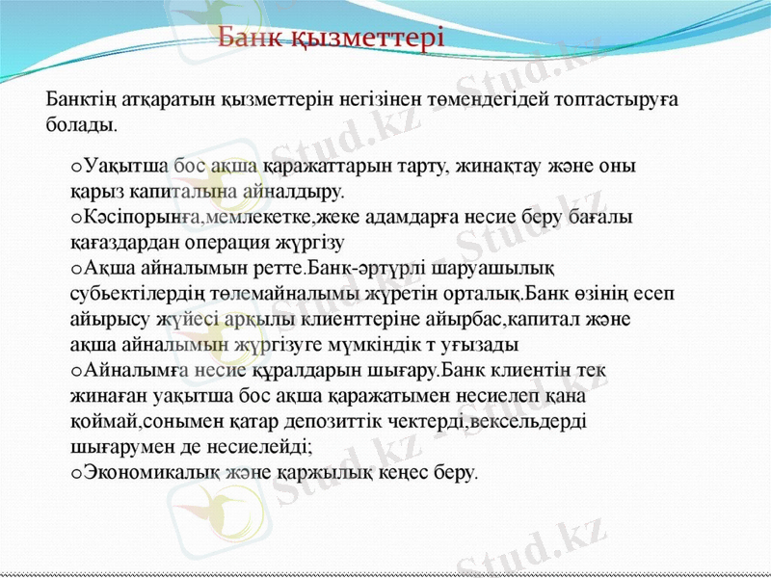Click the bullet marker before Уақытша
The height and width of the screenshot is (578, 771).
76,166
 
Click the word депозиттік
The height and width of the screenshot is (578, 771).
404,421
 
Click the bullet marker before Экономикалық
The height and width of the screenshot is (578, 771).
76,472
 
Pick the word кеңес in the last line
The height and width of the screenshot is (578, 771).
412,472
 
